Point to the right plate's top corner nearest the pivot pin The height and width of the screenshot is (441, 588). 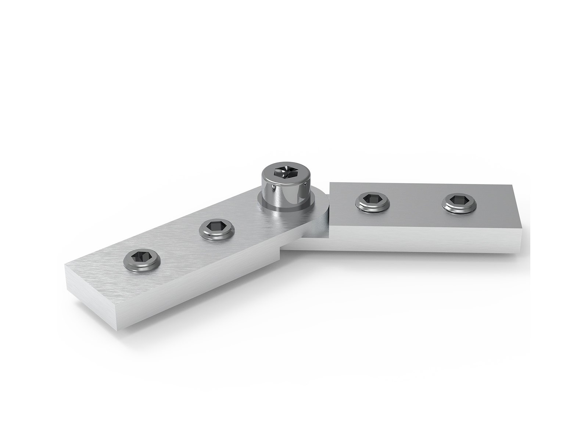332,184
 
